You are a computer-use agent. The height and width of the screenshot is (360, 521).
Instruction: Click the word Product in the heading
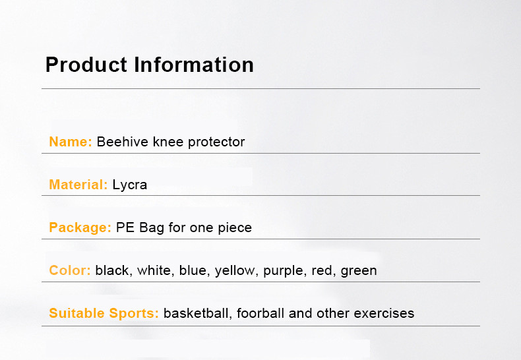(86, 65)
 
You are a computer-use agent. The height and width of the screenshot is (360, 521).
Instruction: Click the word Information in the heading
(194, 65)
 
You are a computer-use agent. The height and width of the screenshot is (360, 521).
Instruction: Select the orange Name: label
(71, 142)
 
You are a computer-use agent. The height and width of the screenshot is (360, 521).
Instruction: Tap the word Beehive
(122, 142)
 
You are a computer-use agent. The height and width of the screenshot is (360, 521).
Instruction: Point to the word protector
(216, 142)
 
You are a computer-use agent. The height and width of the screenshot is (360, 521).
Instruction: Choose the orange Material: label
(78, 185)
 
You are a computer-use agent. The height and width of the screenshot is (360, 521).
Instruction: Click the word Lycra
(129, 185)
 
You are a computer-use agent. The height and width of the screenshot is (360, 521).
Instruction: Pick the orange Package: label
(80, 228)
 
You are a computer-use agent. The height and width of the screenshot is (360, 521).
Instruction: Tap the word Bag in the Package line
(152, 228)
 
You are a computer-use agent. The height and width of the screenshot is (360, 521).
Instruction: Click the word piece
(235, 228)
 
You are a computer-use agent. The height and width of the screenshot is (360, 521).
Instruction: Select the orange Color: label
(70, 270)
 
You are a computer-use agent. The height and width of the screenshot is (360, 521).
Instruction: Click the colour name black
(112, 270)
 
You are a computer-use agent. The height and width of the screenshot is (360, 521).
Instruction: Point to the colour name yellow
(235, 271)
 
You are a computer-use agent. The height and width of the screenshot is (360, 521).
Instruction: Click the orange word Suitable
(77, 313)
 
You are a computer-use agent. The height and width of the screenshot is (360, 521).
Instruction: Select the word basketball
(196, 313)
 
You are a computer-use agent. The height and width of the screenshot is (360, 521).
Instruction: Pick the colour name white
(154, 270)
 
